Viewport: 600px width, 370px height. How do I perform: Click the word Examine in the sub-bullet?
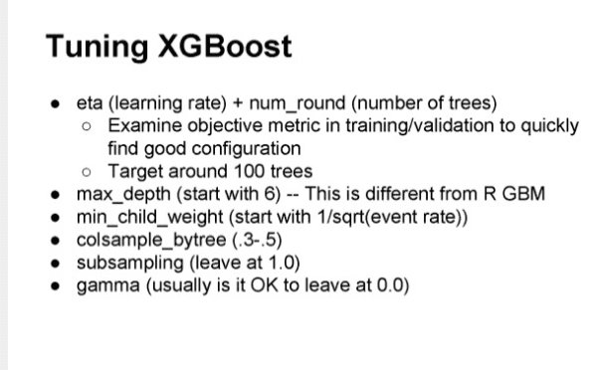point(141,127)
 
